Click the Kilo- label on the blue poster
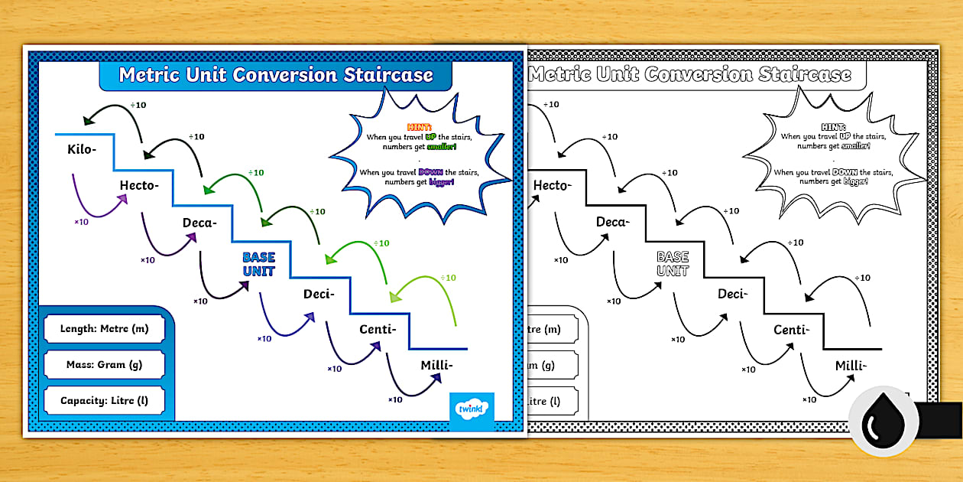point(82,148)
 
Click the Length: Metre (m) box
point(104,330)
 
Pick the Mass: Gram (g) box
point(104,365)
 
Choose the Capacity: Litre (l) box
point(104,400)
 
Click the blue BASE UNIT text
point(258,265)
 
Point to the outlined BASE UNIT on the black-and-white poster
point(673,265)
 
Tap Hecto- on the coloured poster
point(139,185)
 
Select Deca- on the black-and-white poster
point(613,223)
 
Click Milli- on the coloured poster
point(436,365)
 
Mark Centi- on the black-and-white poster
point(790,330)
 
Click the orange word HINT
point(420,127)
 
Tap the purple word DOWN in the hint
point(431,172)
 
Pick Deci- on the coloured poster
point(319,294)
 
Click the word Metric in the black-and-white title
point(559,75)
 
